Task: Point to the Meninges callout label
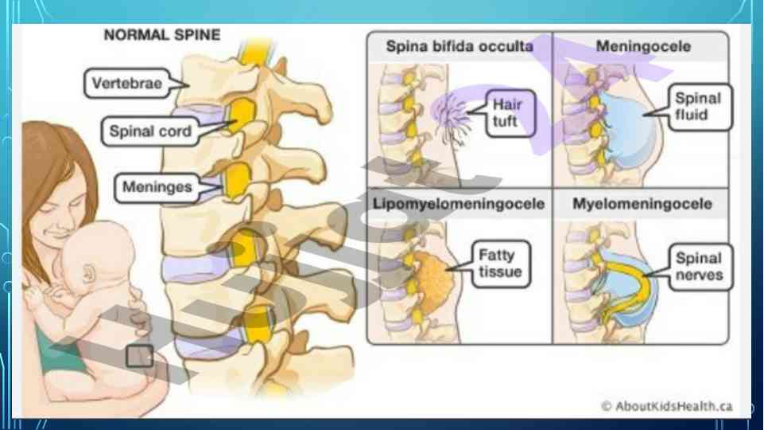tap(158, 188)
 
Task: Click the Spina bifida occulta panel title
tap(460, 46)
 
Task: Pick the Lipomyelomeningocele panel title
tap(459, 204)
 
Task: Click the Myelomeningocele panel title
tap(642, 204)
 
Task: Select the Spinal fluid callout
tap(697, 110)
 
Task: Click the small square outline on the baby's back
tap(140, 355)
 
